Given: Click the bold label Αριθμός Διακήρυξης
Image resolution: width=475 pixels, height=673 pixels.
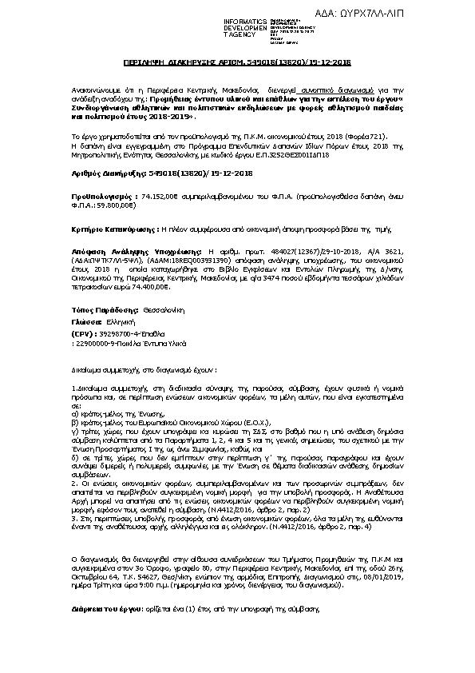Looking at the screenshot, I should tap(102, 173).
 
